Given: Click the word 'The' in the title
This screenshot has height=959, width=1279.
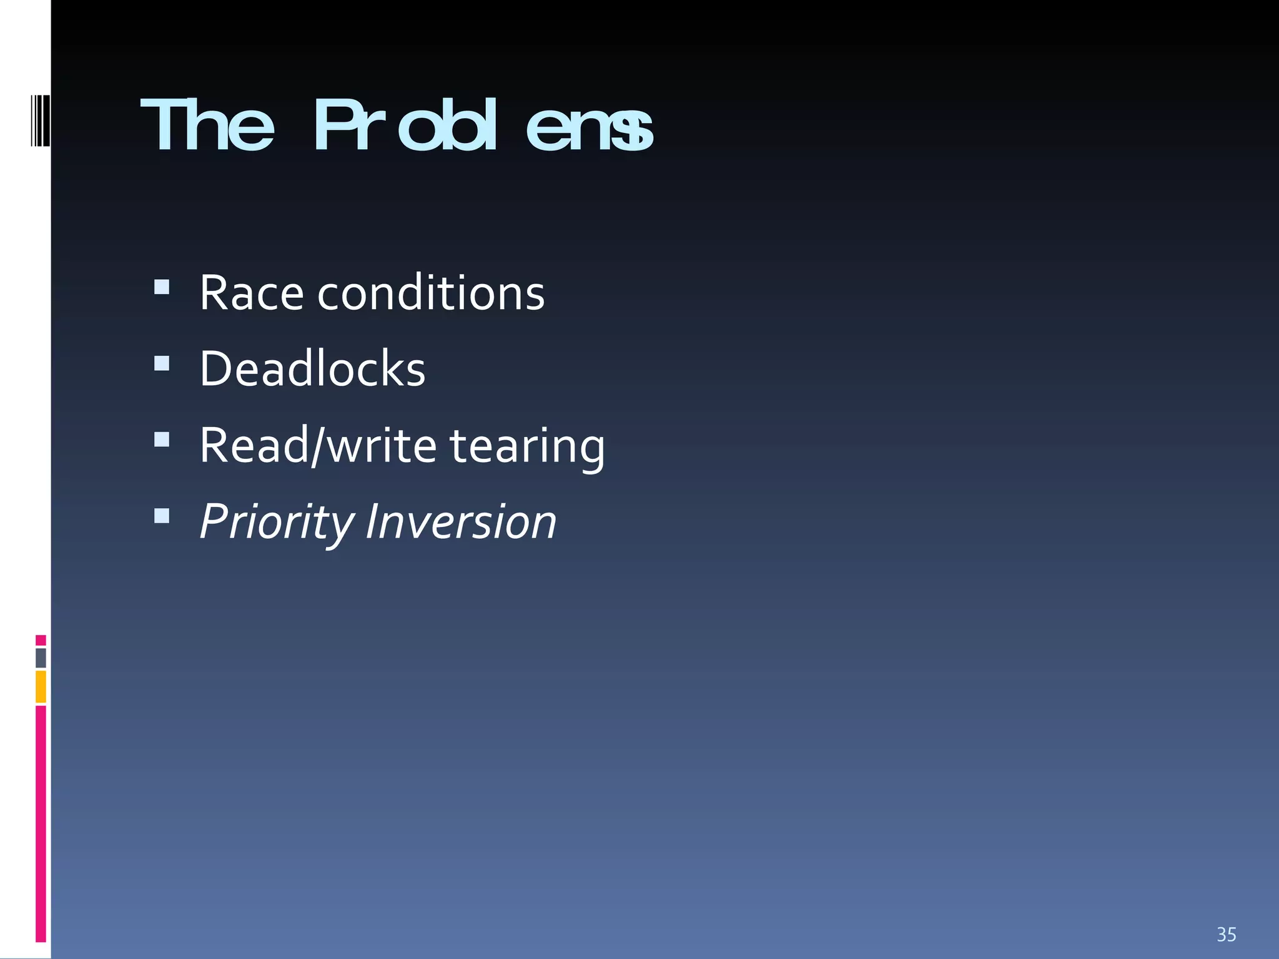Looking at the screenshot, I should coord(207,126).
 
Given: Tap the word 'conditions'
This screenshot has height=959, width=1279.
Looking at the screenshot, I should coord(431,293).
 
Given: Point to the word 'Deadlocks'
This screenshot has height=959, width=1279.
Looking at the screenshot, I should coord(312,369).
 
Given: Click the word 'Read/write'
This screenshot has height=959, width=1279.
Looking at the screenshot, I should coord(318,446).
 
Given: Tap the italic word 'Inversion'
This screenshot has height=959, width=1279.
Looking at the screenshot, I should coord(461,522).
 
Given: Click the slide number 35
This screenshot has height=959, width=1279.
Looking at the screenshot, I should coord(1226,935).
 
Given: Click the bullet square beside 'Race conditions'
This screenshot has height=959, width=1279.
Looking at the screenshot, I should coord(162,287).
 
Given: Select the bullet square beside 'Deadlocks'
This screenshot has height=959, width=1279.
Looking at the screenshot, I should coord(162,363).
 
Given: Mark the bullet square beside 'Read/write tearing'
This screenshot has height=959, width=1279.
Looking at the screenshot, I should coord(162,440).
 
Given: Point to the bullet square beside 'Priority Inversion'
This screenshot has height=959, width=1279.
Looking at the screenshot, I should coord(162,516).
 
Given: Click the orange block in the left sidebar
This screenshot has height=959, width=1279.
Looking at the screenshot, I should coord(41,686).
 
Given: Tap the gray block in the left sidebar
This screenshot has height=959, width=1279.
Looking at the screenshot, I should coord(41,658).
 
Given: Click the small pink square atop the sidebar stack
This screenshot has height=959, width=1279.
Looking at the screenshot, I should coord(41,640).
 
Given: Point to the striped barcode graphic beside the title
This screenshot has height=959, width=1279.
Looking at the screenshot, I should coord(40,120).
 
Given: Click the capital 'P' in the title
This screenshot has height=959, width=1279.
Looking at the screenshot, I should coord(334,126).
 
